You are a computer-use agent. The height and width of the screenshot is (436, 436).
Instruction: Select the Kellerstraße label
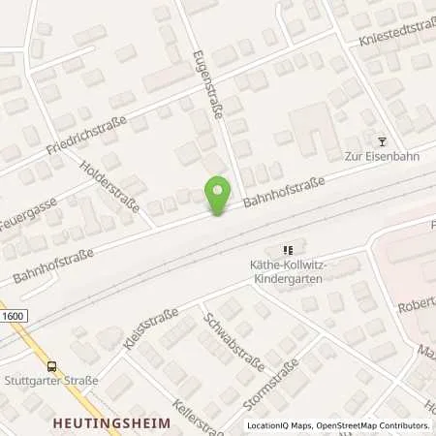click(x=184, y=413)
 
